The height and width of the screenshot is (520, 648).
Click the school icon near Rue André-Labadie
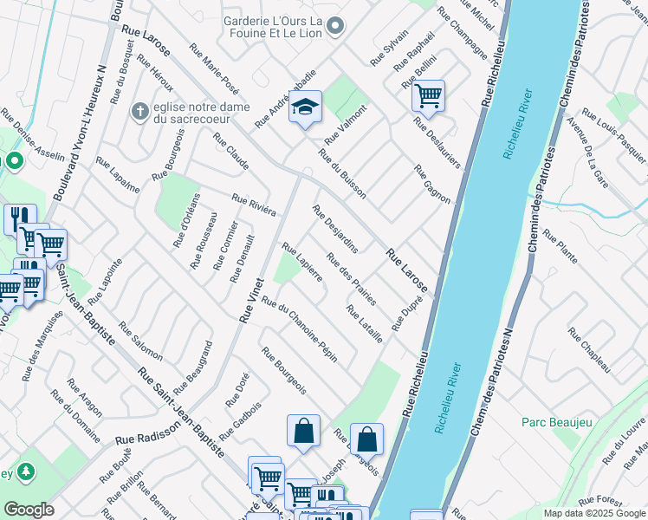tap(305, 107)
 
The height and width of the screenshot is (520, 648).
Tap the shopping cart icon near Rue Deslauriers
tap(428, 95)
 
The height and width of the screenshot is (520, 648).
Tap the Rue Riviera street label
tap(253, 205)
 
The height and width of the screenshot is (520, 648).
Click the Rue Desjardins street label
tap(335, 229)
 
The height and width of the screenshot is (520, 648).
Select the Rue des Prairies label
tap(351, 278)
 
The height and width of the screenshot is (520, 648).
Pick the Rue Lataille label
tap(364, 323)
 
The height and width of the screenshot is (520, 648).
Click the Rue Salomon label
tap(140, 341)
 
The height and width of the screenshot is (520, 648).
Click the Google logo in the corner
tap(29, 509)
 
